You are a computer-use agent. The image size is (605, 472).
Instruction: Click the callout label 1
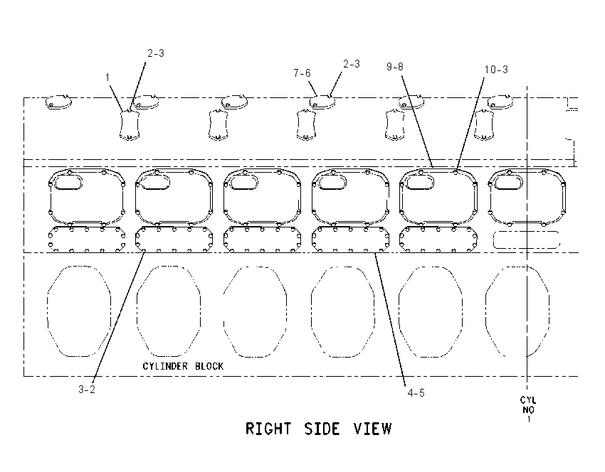click(107, 77)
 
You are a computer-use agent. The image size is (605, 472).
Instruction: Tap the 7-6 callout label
click(302, 73)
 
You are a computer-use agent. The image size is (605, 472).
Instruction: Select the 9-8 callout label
click(395, 67)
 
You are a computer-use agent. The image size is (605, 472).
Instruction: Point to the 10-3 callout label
click(496, 70)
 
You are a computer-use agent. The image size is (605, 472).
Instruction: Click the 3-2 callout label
click(87, 390)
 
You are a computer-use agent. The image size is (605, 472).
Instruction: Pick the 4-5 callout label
click(416, 392)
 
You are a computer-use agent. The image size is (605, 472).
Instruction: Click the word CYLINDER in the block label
click(165, 366)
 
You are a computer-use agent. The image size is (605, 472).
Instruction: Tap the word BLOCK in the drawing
click(209, 366)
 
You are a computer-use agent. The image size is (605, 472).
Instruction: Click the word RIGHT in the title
click(268, 429)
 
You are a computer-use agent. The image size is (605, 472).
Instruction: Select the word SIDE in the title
click(322, 429)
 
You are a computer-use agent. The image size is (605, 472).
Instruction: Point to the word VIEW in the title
click(373, 429)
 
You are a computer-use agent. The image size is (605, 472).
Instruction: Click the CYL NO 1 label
click(528, 409)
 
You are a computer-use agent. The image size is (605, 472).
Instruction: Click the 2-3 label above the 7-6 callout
click(352, 64)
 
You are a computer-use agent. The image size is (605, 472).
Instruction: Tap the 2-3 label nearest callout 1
click(156, 53)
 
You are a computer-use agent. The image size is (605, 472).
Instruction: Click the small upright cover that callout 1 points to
click(130, 125)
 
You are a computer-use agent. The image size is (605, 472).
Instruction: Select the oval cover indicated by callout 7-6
click(322, 102)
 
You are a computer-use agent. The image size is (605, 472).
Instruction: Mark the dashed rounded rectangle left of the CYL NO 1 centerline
click(526, 240)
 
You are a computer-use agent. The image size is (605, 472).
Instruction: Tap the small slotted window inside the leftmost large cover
click(68, 182)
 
